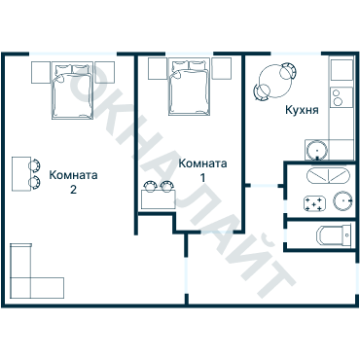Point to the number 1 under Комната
click(203, 178)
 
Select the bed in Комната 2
click(73, 90)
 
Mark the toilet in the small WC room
click(336, 234)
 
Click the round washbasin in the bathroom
click(340, 200)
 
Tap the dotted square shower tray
click(315, 203)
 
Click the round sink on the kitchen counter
click(315, 150)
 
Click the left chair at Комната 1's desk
click(150, 187)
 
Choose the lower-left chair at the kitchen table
click(264, 91)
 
